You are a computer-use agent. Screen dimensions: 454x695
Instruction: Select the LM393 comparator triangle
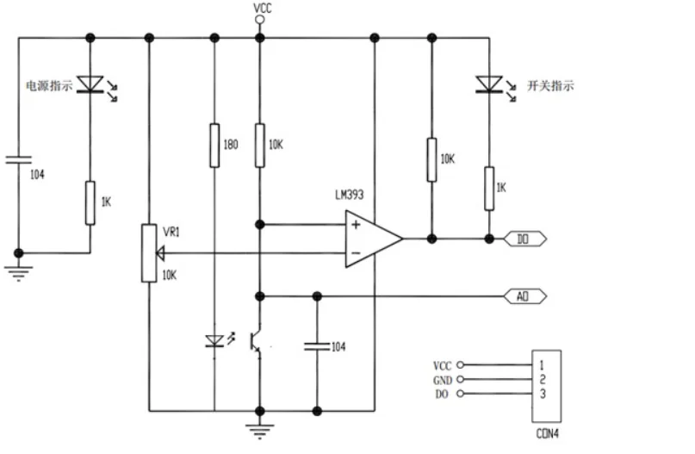click(370, 239)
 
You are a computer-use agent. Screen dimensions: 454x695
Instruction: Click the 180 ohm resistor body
click(213, 145)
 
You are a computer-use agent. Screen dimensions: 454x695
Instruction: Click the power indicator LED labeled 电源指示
click(90, 84)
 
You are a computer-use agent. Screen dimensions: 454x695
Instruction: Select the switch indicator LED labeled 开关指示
click(488, 84)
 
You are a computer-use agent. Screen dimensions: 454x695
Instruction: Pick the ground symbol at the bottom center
click(258, 428)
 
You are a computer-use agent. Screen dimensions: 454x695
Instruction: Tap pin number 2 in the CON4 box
click(542, 379)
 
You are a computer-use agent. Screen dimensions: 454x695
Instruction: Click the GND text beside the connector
click(442, 380)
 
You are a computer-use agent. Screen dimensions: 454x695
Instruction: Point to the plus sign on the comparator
click(354, 226)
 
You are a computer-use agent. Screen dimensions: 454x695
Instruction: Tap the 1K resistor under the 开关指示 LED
click(488, 189)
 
